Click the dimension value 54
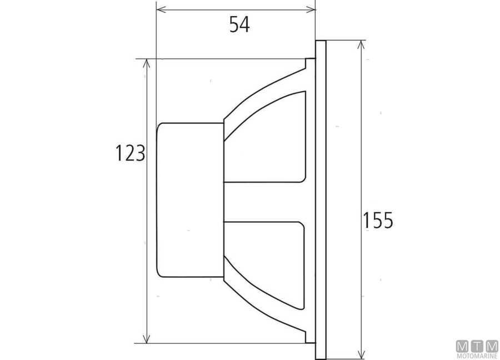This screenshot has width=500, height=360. [239, 24]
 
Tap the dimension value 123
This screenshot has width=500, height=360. [130, 153]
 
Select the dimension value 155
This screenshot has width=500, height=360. [378, 221]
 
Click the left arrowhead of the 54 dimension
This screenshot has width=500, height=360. [161, 9]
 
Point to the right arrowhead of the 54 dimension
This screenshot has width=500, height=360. [310, 9]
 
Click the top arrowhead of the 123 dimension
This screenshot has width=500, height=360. [146, 64]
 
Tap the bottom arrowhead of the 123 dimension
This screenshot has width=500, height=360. [146, 338]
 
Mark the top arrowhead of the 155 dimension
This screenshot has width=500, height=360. [361, 46]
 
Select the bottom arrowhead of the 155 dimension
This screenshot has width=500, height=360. [361, 354]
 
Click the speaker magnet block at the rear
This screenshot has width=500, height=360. [190, 200]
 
